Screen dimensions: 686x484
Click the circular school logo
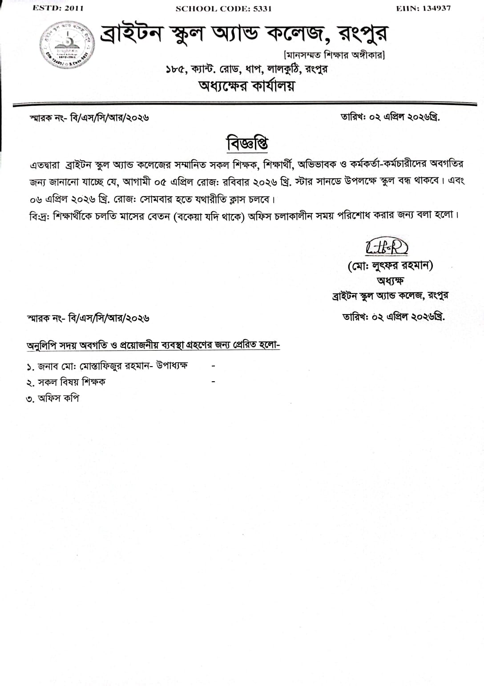coord(67,46)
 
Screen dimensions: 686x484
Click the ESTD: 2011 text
coord(58,8)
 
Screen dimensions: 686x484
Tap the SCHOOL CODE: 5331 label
coord(223,8)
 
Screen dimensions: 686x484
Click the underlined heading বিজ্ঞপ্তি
coord(247,143)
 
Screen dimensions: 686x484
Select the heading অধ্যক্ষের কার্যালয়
coord(246,85)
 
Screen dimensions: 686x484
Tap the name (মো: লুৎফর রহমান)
coord(390,266)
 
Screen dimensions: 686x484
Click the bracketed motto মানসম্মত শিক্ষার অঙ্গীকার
coord(334,55)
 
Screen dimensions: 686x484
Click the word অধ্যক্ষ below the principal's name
coord(390,281)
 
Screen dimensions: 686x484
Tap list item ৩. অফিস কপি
coord(52,399)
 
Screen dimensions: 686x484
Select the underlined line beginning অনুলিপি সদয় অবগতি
coord(153,345)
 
